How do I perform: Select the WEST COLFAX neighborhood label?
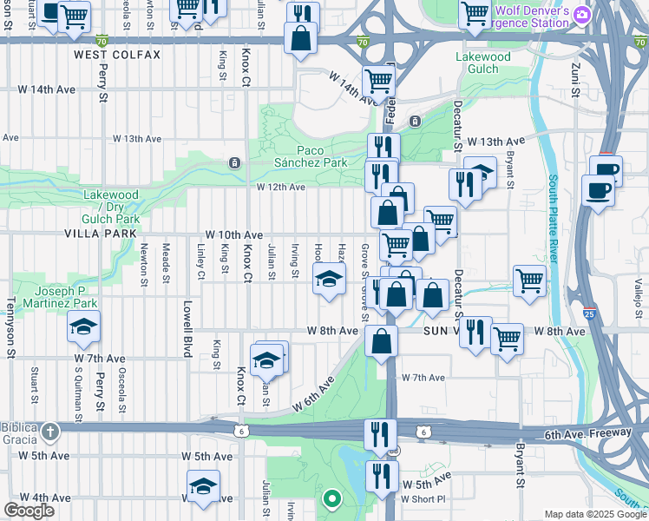pyautogui.click(x=117, y=55)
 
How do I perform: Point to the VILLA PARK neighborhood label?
pyautogui.click(x=100, y=234)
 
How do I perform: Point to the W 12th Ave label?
pyautogui.click(x=280, y=187)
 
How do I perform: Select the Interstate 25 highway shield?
pyautogui.click(x=590, y=313)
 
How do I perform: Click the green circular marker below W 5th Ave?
pyautogui.click(x=331, y=498)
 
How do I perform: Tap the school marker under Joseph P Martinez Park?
pyautogui.click(x=83, y=326)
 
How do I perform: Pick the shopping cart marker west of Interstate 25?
pyautogui.click(x=529, y=281)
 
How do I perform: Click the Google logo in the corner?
pyautogui.click(x=29, y=511)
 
